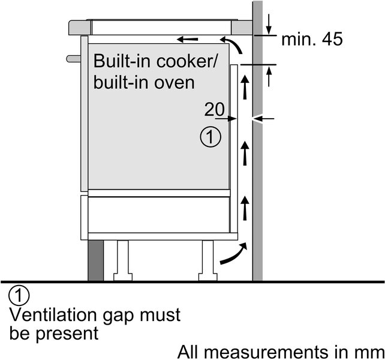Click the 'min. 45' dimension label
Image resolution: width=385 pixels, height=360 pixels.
pos(312,40)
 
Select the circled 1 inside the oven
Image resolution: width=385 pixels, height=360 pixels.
pos(210,137)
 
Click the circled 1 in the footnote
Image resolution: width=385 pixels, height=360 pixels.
pos(19,296)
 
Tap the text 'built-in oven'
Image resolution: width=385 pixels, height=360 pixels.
pos(144,82)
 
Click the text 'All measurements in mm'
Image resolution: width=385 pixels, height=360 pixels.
pos(280,350)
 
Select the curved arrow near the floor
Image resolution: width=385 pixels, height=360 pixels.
pos(232,255)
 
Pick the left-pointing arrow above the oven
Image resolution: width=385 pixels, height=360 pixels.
pos(188,40)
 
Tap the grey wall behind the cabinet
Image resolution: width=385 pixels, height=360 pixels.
pos(257,180)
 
